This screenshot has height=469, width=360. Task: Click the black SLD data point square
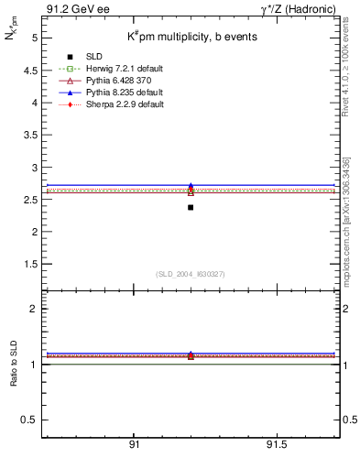191,207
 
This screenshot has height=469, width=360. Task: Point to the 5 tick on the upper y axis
34,38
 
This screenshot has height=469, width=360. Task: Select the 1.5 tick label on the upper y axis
30,264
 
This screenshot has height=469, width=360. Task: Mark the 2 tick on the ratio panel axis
34,309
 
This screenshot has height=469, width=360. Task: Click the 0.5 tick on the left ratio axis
30,420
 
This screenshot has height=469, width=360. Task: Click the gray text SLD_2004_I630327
191,274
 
